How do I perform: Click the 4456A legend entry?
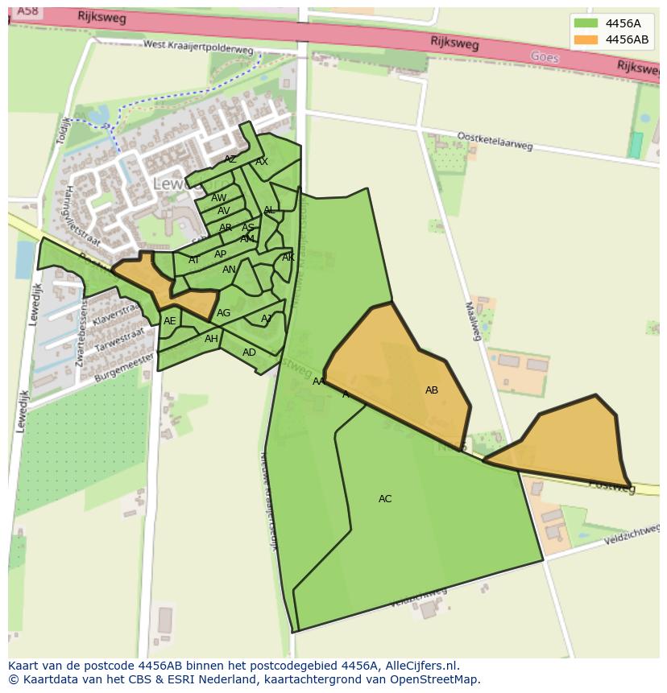[611, 23]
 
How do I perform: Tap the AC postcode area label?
[385, 499]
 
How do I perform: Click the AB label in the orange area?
[432, 390]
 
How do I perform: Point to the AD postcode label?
[249, 353]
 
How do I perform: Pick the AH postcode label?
[211, 339]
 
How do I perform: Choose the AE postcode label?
[169, 321]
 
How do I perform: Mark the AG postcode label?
[223, 313]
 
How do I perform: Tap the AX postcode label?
[262, 162]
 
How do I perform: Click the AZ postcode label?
[230, 159]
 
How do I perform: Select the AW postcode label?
[218, 198]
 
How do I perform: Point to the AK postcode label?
[288, 258]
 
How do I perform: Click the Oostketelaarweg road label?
[495, 141]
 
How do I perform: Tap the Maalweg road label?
[473, 320]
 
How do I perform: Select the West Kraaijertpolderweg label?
[198, 47]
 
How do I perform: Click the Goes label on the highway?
[545, 57]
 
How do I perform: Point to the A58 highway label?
[27, 10]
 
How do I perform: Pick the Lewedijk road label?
[34, 304]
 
